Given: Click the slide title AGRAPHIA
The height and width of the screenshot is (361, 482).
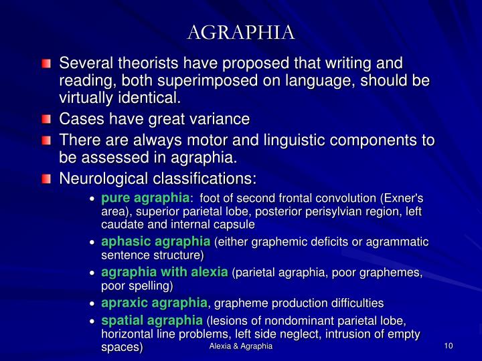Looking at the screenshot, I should [x=241, y=31].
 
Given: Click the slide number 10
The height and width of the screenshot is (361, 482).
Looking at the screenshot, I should [x=449, y=345].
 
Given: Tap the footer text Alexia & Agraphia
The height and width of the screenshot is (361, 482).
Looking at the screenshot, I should [x=241, y=345].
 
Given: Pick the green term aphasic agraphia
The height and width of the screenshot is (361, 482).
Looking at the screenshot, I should [x=155, y=241].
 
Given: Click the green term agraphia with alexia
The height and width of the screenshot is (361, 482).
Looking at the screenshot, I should [x=165, y=272].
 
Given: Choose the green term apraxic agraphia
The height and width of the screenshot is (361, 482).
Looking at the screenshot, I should [x=154, y=303].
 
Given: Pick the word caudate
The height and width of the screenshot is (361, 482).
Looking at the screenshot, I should [x=118, y=225].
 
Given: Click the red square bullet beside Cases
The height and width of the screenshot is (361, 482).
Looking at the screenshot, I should [x=46, y=120].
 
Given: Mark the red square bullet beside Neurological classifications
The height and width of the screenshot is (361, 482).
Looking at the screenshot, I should [x=46, y=179].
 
